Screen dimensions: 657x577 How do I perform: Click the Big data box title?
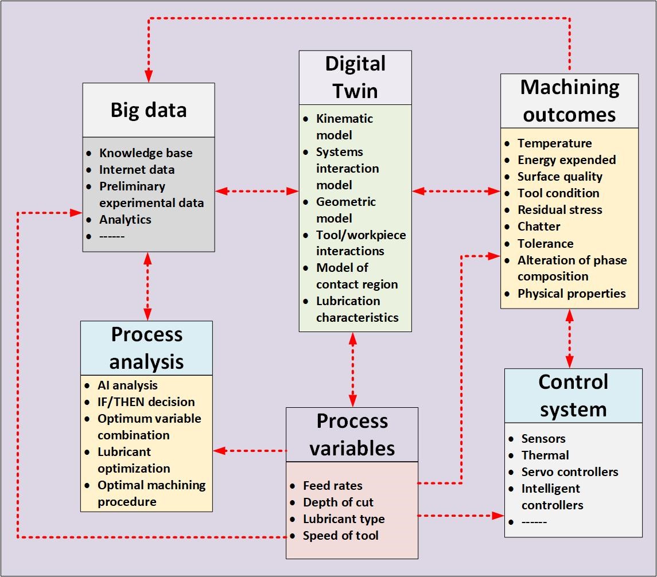149,110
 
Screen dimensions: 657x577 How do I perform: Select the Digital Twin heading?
355,77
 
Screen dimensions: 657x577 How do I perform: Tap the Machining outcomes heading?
569,101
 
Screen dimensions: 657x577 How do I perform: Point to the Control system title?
573,396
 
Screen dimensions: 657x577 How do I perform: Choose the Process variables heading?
352,435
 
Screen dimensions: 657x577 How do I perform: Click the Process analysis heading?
147,348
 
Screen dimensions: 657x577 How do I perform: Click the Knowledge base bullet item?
146,153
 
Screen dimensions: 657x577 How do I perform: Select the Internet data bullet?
137,170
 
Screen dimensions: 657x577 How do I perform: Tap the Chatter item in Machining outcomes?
539,227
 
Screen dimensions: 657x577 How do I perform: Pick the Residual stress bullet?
560,210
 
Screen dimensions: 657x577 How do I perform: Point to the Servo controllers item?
570,472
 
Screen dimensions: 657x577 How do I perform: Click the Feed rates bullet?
333,486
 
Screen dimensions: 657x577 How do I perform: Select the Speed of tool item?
341,536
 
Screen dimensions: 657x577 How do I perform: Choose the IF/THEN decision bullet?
146,402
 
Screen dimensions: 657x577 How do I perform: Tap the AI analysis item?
127,385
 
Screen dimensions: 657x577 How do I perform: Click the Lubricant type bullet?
344,519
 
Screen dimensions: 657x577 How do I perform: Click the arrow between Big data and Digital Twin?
257,192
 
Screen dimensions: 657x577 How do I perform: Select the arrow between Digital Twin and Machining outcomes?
456,192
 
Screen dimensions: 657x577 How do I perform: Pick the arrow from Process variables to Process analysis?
250,451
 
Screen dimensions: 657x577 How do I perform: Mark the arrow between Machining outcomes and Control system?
569,338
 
